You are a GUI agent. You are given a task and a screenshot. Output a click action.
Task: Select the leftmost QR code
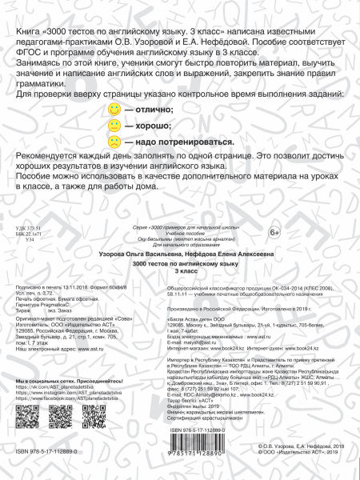click(x=26, y=416)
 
